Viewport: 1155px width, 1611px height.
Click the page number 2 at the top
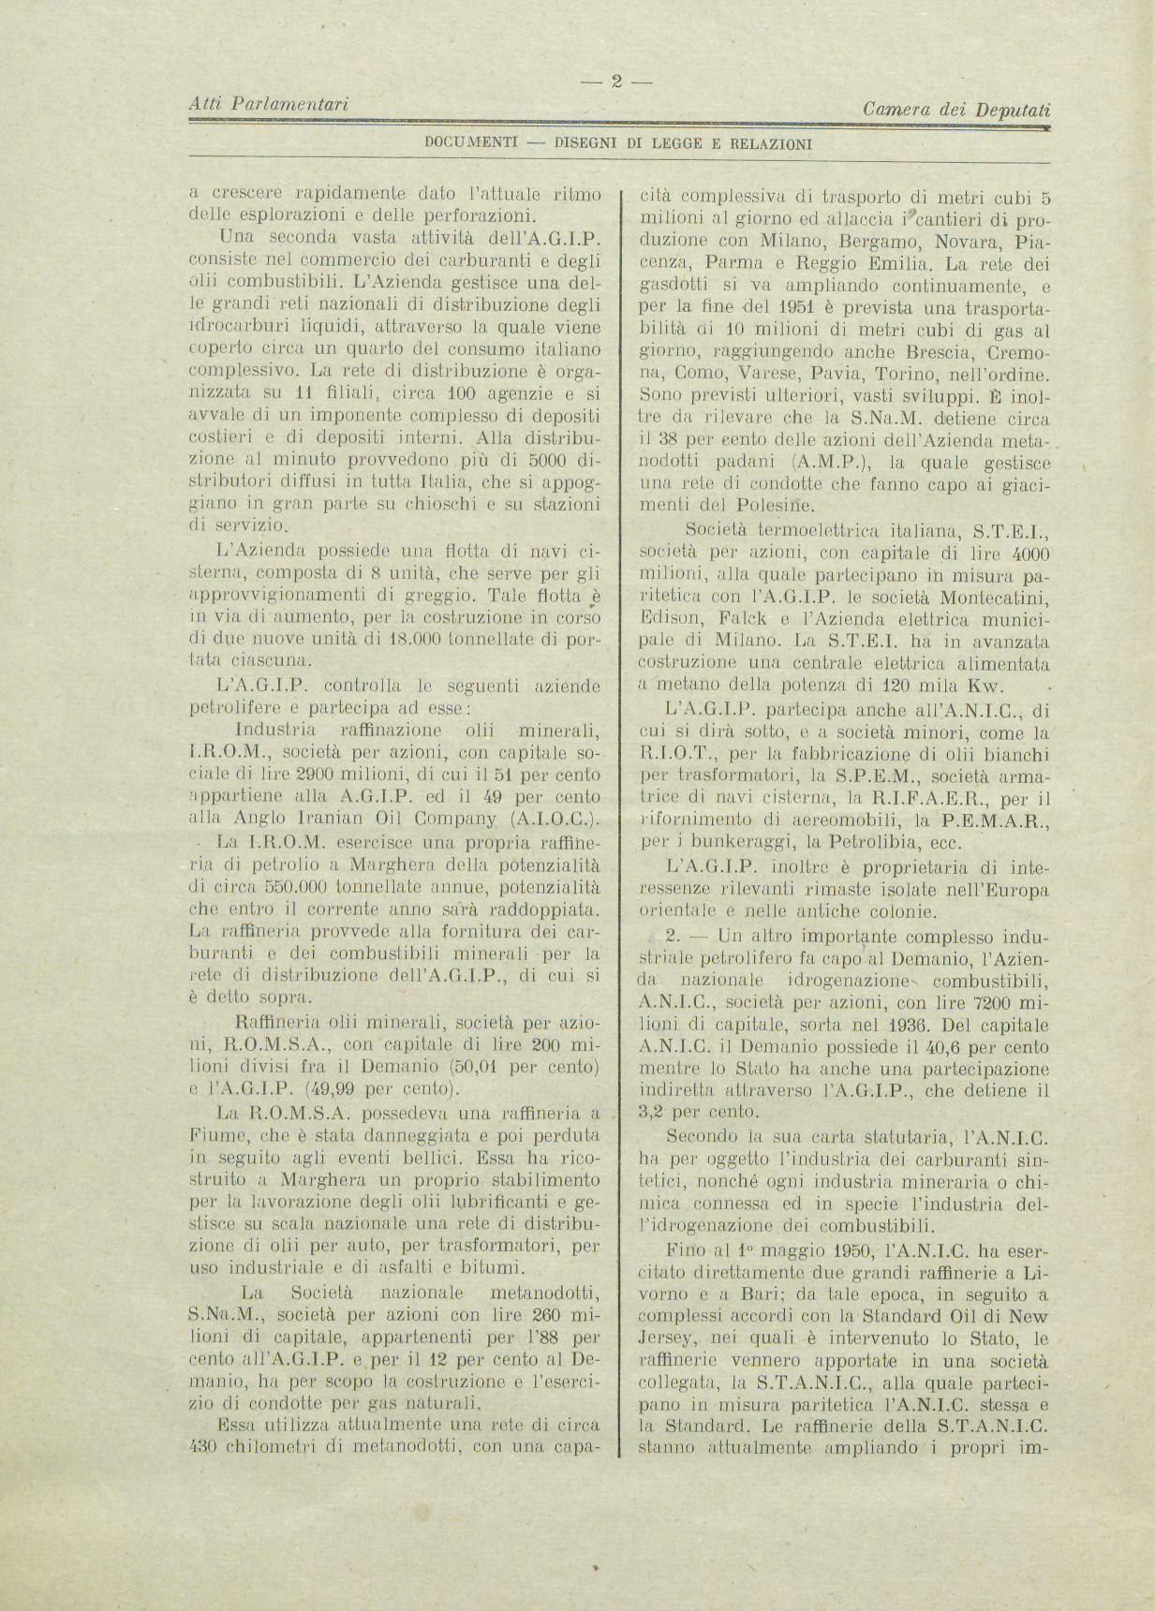pyautogui.click(x=616, y=81)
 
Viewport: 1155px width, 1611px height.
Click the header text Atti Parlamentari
pyautogui.click(x=269, y=104)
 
